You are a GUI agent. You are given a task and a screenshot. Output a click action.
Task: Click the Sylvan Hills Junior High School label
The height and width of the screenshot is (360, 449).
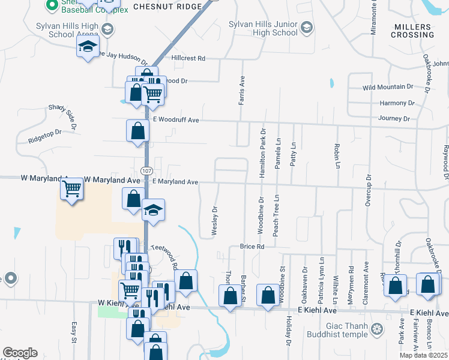click(263, 28)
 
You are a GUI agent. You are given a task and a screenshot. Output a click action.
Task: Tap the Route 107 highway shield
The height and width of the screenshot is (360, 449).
click(146, 170)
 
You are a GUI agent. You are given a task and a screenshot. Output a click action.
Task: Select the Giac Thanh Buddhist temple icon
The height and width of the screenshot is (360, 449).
click(377, 328)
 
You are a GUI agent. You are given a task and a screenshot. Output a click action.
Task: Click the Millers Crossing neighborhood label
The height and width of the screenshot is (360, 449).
click(412, 31)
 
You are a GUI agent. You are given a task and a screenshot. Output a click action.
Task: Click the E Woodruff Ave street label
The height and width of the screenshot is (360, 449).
click(175, 120)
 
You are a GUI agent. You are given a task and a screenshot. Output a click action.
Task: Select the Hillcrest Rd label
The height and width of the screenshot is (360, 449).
click(188, 58)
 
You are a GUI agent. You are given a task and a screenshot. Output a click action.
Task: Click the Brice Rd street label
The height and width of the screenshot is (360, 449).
click(252, 246)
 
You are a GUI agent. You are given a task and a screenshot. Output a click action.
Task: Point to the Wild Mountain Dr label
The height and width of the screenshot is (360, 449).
click(388, 87)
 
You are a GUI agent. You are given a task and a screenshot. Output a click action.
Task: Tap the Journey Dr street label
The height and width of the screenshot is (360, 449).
click(394, 118)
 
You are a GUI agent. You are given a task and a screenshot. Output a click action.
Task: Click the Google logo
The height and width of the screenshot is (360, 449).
click(20, 353)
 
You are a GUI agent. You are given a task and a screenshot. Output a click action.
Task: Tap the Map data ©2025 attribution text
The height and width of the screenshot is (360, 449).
click(423, 355)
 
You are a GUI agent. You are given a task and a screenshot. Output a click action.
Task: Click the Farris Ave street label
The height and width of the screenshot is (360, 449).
click(242, 90)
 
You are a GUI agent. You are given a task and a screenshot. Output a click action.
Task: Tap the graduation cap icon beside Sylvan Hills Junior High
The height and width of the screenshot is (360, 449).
click(307, 28)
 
